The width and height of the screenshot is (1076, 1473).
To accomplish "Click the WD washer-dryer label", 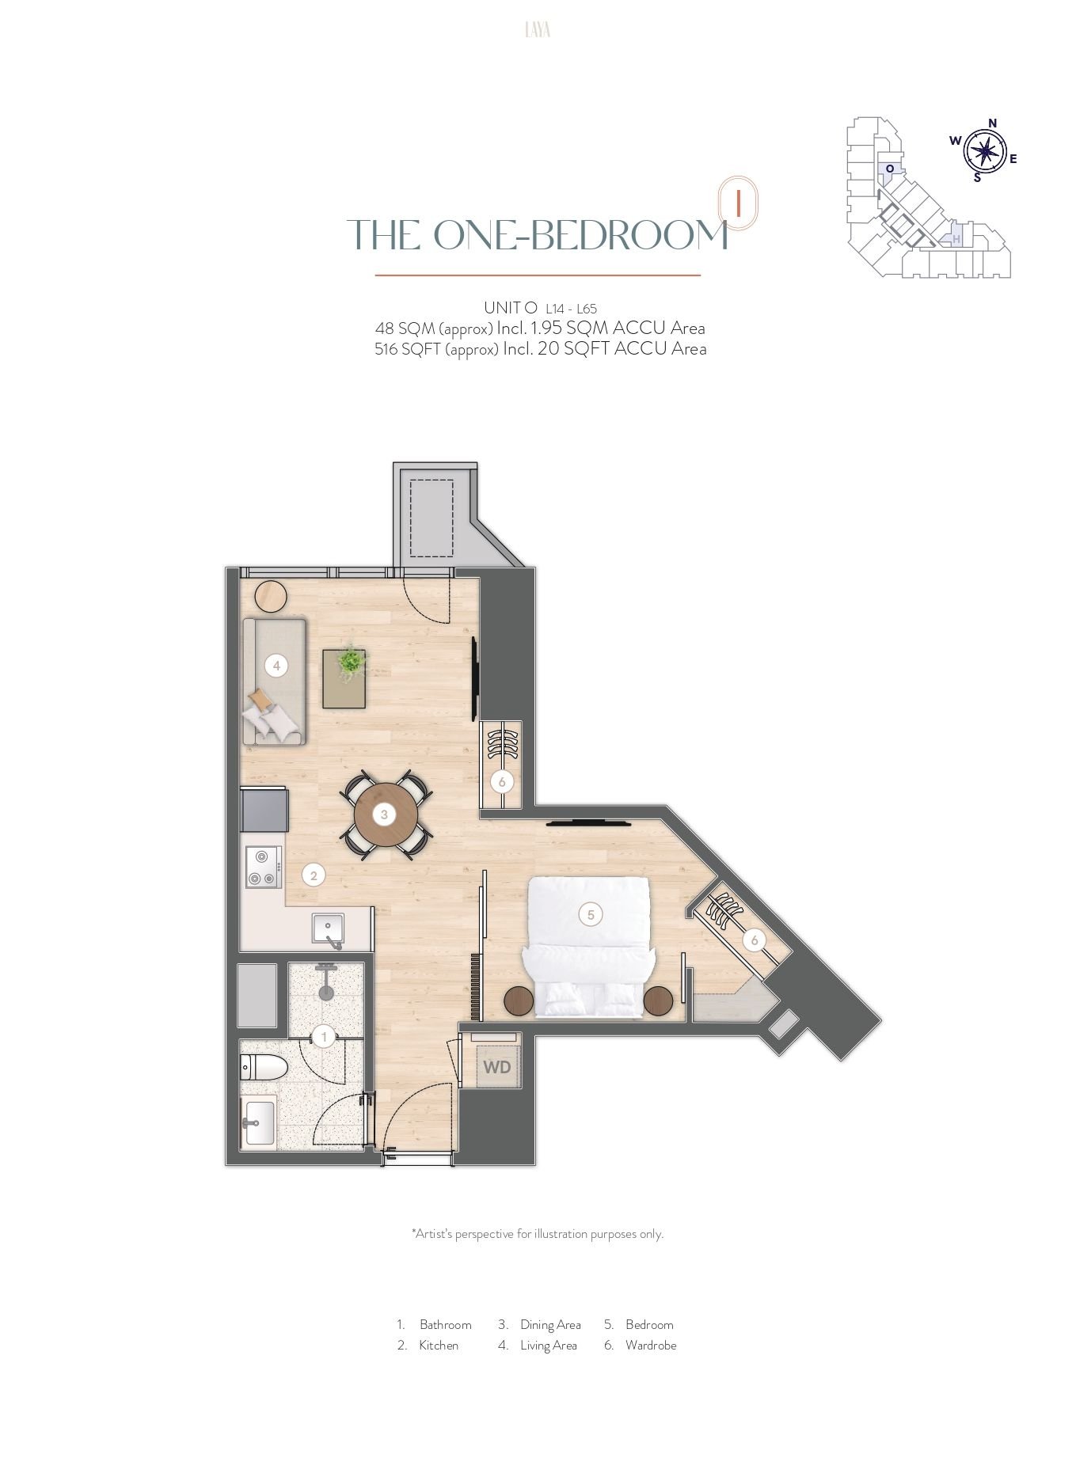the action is (497, 1067).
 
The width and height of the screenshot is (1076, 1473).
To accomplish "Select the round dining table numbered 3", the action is (386, 814).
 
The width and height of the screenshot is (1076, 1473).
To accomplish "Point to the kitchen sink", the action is (328, 930).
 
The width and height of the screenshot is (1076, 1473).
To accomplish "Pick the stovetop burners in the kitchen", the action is (264, 867).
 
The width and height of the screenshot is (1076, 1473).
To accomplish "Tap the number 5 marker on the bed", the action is (591, 915).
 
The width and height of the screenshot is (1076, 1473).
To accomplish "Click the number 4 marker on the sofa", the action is (276, 666).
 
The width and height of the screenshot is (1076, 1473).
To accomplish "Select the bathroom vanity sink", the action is (259, 1122).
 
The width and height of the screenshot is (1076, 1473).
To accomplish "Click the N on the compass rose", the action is (992, 123).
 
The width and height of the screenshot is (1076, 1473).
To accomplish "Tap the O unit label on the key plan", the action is (890, 169).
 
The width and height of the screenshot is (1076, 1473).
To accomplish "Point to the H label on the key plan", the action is (956, 239).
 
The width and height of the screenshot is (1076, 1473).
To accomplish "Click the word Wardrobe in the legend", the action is (651, 1345).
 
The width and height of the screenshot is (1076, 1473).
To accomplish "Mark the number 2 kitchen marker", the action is (314, 875).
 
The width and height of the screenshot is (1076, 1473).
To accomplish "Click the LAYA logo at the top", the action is (538, 30).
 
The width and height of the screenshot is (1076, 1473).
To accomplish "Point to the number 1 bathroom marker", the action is (323, 1036).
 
